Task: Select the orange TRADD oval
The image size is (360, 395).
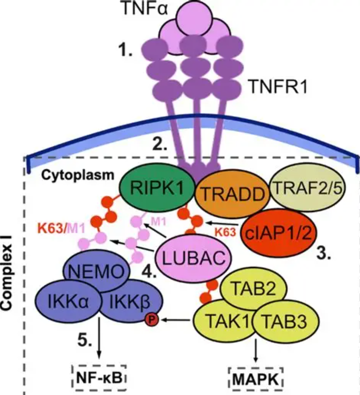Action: (232, 194)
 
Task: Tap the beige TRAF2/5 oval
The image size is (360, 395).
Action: (308, 188)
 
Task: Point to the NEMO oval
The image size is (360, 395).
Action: (97, 271)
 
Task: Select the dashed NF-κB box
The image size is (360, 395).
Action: (99, 378)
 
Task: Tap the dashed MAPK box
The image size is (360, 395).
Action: (256, 379)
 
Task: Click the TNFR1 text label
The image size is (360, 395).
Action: (278, 86)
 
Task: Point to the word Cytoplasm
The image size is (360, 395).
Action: (78, 175)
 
